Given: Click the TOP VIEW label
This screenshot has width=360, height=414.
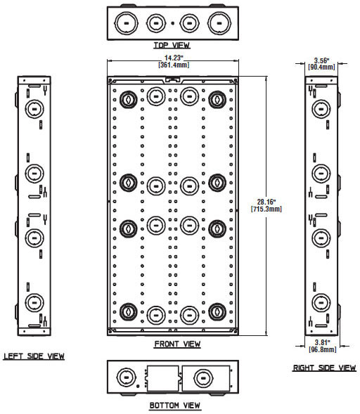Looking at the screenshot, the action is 172,46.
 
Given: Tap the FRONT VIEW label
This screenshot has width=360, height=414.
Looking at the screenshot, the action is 177,344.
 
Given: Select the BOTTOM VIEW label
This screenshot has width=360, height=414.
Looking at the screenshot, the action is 175,406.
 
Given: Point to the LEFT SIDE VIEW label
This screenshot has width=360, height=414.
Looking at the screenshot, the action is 34,356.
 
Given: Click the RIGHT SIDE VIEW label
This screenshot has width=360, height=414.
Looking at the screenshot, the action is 324,368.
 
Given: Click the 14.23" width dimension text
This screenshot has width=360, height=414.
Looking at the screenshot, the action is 174,58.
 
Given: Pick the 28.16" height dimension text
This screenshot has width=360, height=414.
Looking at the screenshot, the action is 266,202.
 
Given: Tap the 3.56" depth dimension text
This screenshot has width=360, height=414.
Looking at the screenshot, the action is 322,60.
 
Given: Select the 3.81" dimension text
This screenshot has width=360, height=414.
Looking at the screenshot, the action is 323,343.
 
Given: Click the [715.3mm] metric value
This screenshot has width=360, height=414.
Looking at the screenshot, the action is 266,209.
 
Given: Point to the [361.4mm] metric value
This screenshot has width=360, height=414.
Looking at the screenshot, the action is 174,65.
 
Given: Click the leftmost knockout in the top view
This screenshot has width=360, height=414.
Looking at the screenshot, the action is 126,23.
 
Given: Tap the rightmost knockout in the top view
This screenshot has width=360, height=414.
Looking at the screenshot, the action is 219,23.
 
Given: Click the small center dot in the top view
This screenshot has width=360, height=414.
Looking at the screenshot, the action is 173,23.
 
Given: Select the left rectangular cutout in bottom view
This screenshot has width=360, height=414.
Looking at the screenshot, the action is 162,378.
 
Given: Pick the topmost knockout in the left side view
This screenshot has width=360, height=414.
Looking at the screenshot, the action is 34,109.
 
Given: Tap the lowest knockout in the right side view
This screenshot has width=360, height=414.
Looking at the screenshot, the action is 321,302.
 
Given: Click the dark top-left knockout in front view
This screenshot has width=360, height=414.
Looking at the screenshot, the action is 129,100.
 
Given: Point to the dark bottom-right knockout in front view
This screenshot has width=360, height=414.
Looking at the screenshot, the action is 217,312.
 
